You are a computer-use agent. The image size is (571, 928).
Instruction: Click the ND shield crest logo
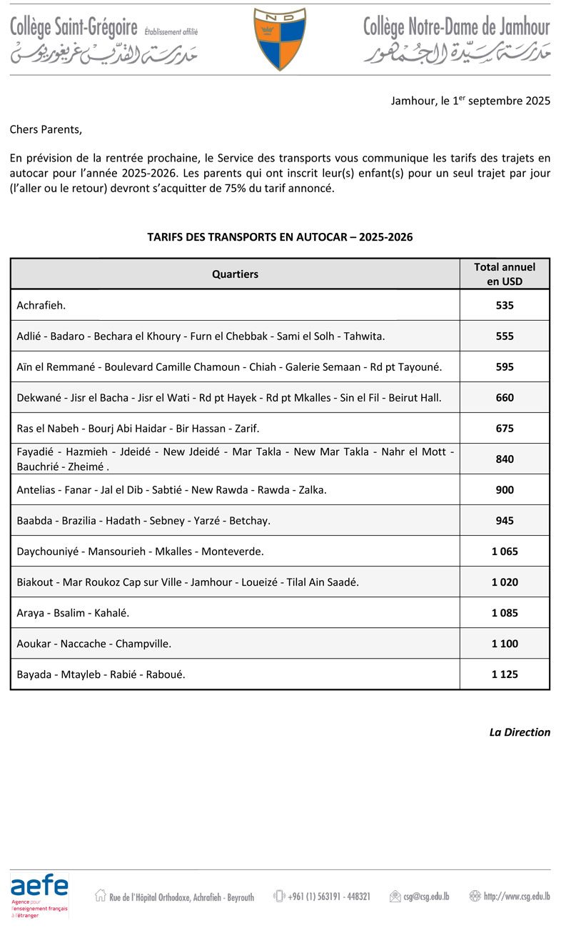point(280,39)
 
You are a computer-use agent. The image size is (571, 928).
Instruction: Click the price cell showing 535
point(505,305)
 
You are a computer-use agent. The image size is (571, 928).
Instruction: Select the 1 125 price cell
point(505,674)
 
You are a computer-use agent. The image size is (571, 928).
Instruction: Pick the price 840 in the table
point(505,459)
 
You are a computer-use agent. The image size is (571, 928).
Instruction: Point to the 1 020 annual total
point(505,582)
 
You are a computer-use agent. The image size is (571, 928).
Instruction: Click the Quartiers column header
point(235,274)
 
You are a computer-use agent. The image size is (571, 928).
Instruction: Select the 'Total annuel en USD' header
point(505,274)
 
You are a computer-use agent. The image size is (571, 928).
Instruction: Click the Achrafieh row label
point(41,305)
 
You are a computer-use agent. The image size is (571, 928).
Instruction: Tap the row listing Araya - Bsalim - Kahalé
point(73,612)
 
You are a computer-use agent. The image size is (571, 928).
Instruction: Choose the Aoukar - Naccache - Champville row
point(94,643)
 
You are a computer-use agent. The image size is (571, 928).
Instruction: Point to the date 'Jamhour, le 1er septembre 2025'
point(470,101)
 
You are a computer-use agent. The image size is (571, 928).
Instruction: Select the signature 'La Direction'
point(520,732)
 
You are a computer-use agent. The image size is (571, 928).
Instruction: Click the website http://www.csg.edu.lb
point(516,896)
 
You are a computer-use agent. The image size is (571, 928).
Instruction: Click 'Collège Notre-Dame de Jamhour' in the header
point(457,28)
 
